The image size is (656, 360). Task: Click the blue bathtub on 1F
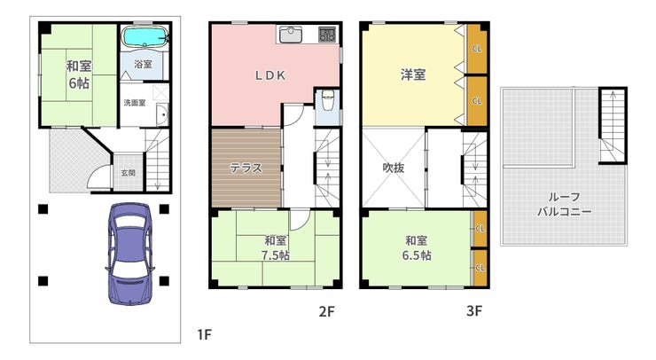144,36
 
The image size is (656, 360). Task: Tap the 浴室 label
143,64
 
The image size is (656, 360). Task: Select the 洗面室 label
135,103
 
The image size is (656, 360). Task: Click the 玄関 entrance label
128,173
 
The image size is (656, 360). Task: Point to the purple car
129,254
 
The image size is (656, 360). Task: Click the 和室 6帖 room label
79,74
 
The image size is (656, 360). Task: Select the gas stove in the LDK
327,34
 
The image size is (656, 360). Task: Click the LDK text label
270,75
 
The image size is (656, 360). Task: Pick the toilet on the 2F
327,99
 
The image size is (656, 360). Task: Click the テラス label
246,168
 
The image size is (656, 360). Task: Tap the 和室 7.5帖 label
276,247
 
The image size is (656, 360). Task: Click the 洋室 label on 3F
413,74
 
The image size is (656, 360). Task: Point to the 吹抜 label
394,168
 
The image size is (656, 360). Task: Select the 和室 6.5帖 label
417,247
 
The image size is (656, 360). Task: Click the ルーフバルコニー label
564,204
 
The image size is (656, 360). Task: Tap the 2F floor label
327,311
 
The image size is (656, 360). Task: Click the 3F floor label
474,311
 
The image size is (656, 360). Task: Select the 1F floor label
204,335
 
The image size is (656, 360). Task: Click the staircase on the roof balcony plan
613,126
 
